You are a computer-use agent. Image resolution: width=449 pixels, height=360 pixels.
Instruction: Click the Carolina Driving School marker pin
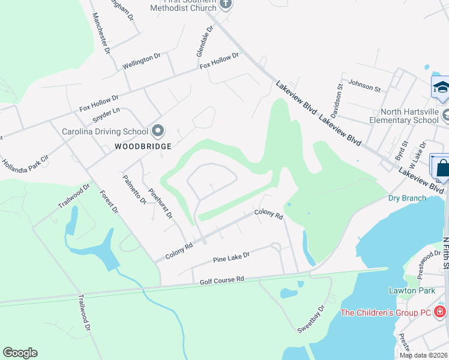tap(158, 131)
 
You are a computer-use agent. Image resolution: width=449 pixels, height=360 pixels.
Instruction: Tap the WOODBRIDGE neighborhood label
tap(143, 146)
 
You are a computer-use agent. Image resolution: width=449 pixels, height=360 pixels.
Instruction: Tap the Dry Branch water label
tap(407, 198)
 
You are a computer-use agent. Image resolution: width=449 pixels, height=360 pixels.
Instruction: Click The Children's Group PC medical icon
tap(440, 312)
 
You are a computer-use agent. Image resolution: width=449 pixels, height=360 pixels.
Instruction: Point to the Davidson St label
tap(339, 96)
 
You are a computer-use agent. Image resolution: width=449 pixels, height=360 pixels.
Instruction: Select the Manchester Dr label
tap(101, 34)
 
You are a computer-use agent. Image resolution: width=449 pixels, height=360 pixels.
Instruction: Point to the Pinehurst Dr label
tap(161, 203)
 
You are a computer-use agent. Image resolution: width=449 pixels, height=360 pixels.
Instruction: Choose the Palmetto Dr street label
tap(134, 189)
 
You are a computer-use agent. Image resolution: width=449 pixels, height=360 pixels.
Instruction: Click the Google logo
tap(20, 353)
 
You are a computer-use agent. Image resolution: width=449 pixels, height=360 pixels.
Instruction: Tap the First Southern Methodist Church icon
tap(226, 4)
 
